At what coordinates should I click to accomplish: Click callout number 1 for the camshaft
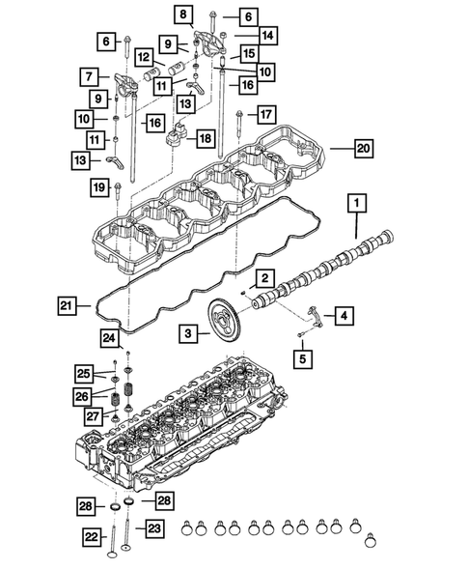[356, 203]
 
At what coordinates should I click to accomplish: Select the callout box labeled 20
[363, 150]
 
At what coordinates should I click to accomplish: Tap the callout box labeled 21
[64, 306]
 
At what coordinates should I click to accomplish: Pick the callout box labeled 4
[344, 315]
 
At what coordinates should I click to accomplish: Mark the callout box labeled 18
[204, 139]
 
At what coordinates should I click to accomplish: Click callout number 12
[143, 58]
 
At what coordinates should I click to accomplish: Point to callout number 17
[266, 115]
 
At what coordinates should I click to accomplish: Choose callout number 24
[110, 338]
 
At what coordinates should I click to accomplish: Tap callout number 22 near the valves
[92, 537]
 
